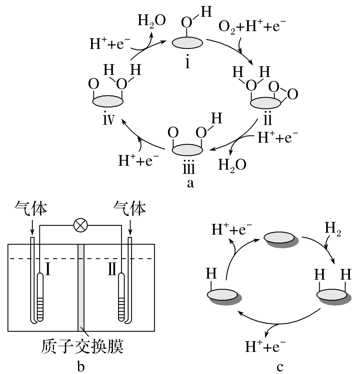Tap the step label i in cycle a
coord(188,62)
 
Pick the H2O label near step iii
coord(232,164)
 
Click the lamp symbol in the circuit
coord(80,226)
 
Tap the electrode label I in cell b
coord(48,270)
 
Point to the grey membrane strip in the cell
coord(82,287)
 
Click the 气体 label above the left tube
coord(31,209)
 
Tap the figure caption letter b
coord(81,366)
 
